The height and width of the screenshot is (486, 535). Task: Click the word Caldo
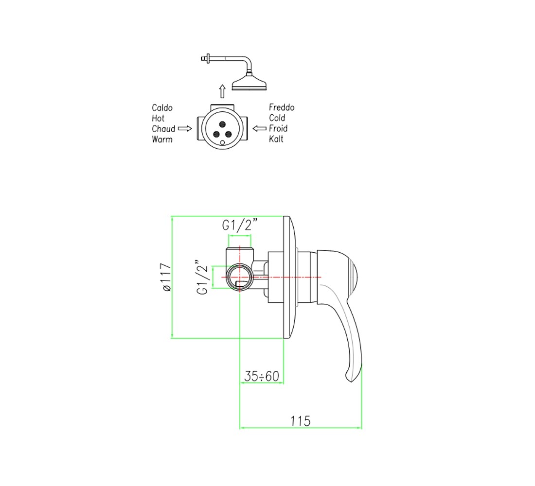pyautogui.click(x=162, y=108)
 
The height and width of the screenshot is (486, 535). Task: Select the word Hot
pyautogui.click(x=158, y=119)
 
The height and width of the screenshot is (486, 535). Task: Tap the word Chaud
pyautogui.click(x=163, y=129)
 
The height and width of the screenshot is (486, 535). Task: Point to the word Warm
pyautogui.click(x=162, y=139)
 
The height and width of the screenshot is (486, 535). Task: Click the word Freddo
pyautogui.click(x=282, y=107)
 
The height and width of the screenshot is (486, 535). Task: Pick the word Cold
pyautogui.click(x=277, y=118)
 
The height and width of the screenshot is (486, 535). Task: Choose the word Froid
pyautogui.click(x=278, y=129)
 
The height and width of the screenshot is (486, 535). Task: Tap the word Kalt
pyautogui.click(x=276, y=139)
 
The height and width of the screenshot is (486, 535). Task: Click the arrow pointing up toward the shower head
pyautogui.click(x=222, y=91)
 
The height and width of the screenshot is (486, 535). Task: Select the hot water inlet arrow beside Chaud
pyautogui.click(x=185, y=129)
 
